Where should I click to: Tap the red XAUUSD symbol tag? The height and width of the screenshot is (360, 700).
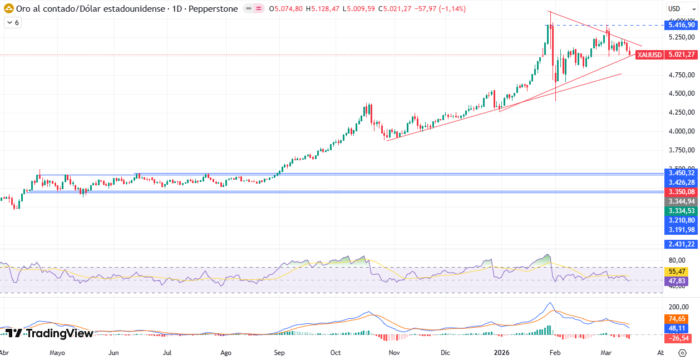(x=649, y=55)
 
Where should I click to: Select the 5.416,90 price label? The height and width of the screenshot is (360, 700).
(x=682, y=25)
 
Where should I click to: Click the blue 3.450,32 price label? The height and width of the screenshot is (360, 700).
(x=682, y=173)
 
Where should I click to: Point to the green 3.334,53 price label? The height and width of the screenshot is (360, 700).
(x=682, y=211)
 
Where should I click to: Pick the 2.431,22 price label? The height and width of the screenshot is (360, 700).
(x=682, y=244)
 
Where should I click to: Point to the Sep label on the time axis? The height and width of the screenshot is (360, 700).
(x=279, y=353)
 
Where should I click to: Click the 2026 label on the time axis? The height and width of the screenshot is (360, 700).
(x=502, y=353)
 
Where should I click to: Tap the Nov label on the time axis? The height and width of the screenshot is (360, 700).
(x=394, y=353)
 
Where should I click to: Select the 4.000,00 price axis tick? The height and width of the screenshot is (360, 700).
(x=682, y=131)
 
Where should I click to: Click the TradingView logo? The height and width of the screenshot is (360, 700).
(x=49, y=333)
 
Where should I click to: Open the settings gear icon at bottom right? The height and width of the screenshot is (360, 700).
(x=682, y=353)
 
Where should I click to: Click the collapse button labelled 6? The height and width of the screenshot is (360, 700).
(x=12, y=23)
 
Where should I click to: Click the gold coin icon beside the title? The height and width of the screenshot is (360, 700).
(x=9, y=9)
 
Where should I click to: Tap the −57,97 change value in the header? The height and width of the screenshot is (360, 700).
(x=426, y=9)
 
